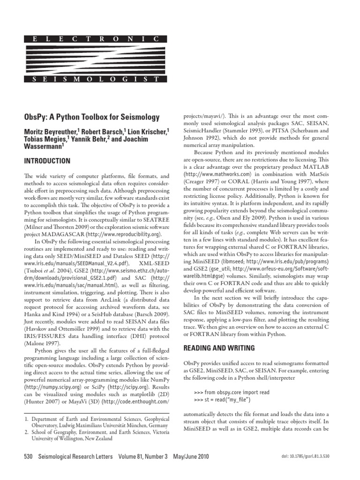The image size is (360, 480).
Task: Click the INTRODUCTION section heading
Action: (x=47, y=161)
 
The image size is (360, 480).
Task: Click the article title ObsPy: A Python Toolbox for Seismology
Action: (x=91, y=117)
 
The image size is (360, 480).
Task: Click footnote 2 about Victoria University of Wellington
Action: (x=94, y=435)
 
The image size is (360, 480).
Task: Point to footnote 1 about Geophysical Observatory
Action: (x=94, y=420)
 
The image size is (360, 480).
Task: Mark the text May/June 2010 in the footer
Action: (x=190, y=457)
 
